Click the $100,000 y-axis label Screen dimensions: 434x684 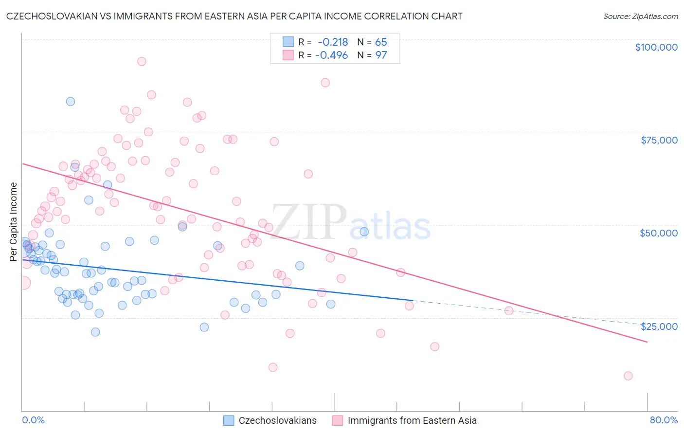tap(656, 47)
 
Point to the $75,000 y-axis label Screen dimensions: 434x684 tap(659, 140)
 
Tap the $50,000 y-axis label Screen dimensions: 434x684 tap(659, 233)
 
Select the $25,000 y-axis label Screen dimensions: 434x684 tap(659, 326)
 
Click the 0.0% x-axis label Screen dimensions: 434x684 tap(33, 420)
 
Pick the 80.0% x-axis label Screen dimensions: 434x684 tap(664, 420)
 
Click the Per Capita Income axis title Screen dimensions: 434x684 tap(14, 221)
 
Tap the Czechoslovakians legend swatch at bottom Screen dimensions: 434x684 tap(229, 420)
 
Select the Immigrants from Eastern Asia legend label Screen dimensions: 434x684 tap(412, 420)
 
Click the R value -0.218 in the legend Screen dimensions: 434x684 tap(333, 42)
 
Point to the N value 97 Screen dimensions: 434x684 tap(381, 55)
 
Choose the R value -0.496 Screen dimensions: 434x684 tap(332, 55)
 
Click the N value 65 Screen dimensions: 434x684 tap(381, 42)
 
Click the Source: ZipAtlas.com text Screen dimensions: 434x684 tap(640, 16)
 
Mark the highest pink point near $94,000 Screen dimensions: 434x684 tap(142, 61)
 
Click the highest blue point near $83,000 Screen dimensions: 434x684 tap(71, 102)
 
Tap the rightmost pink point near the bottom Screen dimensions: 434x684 tap(628, 376)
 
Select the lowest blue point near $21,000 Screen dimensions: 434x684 tap(95, 332)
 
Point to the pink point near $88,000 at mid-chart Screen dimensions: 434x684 tap(325, 83)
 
